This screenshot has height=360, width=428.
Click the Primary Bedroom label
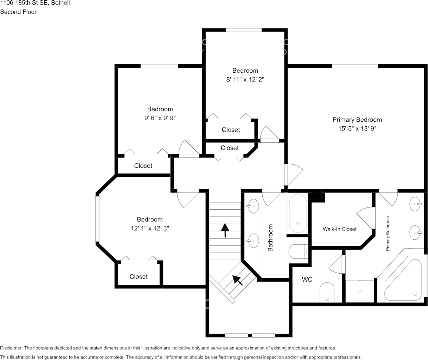click(x=357, y=120)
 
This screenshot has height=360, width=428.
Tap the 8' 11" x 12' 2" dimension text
click(x=245, y=80)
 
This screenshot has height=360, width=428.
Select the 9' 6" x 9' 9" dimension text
click(x=160, y=118)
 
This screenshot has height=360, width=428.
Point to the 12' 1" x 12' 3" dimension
click(x=150, y=228)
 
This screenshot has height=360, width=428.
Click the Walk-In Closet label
click(x=340, y=229)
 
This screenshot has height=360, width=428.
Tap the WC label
click(x=307, y=280)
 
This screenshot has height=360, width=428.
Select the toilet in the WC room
click(x=327, y=292)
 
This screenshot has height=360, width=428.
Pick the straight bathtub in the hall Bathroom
click(x=298, y=213)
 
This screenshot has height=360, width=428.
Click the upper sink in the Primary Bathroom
click(x=416, y=204)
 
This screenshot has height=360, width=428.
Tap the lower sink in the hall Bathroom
click(x=253, y=241)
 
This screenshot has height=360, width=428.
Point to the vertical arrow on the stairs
click(x=225, y=230)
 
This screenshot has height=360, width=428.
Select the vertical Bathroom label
click(x=270, y=238)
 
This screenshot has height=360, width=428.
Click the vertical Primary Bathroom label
click(x=388, y=233)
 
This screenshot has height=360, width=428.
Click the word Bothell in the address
click(x=60, y=3)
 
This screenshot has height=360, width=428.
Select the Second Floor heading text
click(x=18, y=12)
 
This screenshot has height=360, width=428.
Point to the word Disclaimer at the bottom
click(x=11, y=348)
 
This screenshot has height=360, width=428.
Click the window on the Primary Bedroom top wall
click(x=355, y=66)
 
